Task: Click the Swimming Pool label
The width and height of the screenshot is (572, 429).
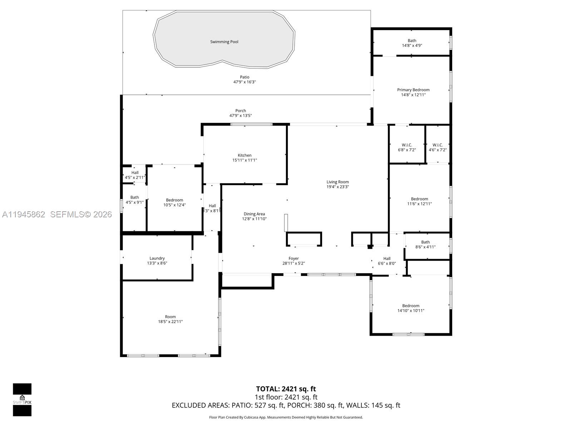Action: coord(224,42)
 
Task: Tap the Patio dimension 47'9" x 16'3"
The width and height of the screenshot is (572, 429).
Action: coord(245,82)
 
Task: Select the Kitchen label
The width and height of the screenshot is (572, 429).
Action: coord(245,155)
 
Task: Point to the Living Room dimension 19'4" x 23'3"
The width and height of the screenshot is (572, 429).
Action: coord(337,187)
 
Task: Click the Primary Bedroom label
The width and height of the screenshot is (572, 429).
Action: coord(413,90)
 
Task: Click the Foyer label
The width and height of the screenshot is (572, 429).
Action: coord(294,258)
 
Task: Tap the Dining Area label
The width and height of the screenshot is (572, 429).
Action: coord(254,214)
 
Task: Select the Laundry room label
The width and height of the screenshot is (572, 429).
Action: coord(157,258)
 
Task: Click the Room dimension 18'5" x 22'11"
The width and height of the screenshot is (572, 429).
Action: coord(171,322)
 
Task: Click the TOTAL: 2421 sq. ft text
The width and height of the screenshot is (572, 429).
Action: coord(286,389)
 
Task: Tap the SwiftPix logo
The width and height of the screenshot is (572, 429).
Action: coord(22,400)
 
